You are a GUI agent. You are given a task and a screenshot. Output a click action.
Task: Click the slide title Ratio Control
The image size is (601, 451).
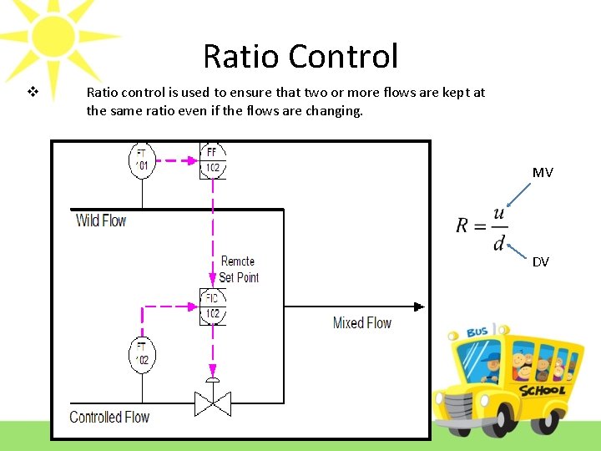pos(300,57)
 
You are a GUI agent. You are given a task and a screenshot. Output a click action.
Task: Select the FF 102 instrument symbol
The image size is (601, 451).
pos(213,160)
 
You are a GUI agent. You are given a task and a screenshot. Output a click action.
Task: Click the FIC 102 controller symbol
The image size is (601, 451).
pos(213,307)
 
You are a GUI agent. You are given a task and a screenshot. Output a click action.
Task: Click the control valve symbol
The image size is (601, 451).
pos(213,403)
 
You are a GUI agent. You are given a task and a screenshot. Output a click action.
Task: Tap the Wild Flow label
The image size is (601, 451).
pos(101,221)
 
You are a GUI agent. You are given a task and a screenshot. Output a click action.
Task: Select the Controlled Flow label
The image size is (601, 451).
pos(109,417)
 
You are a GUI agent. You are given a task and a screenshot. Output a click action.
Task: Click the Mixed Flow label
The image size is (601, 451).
pos(361,322)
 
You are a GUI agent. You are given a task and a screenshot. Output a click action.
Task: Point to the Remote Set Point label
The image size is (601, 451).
pos(239,270)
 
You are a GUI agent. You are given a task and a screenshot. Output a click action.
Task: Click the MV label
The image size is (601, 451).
pos(543,173)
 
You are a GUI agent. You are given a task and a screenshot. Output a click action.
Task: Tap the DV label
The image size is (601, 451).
pos(541,262)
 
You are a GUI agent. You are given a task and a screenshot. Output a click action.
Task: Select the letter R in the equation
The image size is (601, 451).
pos(464,225)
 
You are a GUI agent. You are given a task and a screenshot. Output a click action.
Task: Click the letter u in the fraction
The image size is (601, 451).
pos(498,215)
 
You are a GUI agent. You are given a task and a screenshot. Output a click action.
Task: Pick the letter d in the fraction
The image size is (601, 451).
pos(498,243)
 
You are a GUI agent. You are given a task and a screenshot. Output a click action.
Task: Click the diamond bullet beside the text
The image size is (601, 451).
pos(33,92)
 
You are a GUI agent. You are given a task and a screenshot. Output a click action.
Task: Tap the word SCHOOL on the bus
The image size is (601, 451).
pos(542,389)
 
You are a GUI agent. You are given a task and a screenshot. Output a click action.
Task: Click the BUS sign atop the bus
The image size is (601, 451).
pos(477,332)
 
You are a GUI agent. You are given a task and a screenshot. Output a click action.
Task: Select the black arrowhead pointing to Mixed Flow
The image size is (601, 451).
pos(419,307)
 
